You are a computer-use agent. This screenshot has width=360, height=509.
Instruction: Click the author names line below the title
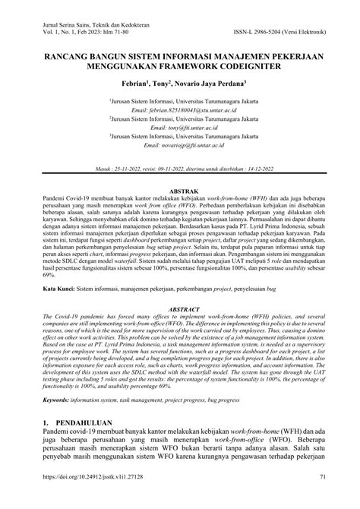[179, 83]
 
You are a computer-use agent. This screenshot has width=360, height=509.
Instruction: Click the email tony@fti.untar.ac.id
[179, 128]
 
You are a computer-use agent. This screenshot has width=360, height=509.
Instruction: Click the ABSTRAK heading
[179, 191]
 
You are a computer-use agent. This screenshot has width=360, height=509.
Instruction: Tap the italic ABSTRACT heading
[179, 310]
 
